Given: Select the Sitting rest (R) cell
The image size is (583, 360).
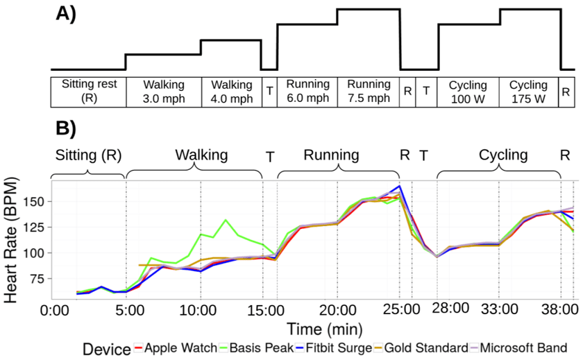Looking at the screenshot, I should click(x=89, y=91).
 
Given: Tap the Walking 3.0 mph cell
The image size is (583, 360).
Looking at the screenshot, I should click(x=163, y=91).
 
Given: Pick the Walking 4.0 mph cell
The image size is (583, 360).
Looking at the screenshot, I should click(x=230, y=91).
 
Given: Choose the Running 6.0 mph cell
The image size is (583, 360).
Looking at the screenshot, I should click(x=307, y=91).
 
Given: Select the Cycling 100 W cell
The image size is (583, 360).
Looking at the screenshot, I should click(x=468, y=91).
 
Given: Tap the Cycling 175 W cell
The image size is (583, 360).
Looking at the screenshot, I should click(x=528, y=91).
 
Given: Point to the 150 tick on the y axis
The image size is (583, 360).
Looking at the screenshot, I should click(x=36, y=202).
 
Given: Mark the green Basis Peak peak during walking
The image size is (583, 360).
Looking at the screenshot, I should click(x=226, y=220).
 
